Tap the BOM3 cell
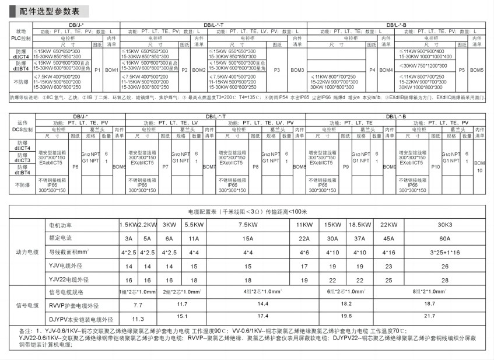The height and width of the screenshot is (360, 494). pyautogui.click(x=297, y=70)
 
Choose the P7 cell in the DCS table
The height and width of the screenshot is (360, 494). pyautogui.click(x=166, y=166)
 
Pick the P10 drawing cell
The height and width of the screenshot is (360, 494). pyautogui.click(x=435, y=166)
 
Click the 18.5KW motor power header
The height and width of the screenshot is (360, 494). pyautogui.click(x=358, y=225)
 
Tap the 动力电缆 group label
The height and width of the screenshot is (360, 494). pyautogui.click(x=27, y=252)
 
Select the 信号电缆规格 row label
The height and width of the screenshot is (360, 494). pyautogui.click(x=68, y=291)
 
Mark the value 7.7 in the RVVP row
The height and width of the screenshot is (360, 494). pyautogui.click(x=138, y=305)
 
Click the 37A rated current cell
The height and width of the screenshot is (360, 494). pyautogui.click(x=358, y=238)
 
